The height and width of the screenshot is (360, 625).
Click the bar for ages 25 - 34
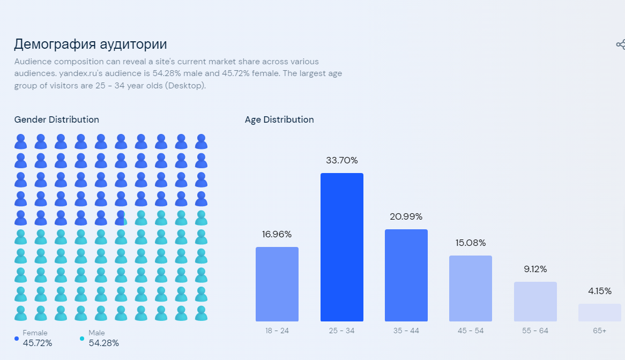click(341, 247)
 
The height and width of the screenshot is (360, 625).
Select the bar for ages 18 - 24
click(277, 284)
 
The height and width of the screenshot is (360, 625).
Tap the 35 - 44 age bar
click(406, 275)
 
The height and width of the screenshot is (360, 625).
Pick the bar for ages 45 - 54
click(470, 288)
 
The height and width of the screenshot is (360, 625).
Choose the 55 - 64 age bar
click(535, 302)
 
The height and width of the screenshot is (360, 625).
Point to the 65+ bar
click(599, 312)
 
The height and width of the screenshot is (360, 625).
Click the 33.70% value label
click(341, 160)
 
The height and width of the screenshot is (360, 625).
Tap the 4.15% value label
click(599, 291)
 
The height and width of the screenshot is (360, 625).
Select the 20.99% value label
click(406, 216)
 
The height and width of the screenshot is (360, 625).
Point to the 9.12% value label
click(535, 269)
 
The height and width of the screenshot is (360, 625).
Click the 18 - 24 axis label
click(277, 331)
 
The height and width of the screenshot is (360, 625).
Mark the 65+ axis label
click(599, 331)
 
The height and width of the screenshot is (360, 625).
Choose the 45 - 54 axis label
click(470, 331)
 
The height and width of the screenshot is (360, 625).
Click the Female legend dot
click(17, 339)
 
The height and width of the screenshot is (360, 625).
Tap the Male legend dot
click(82, 339)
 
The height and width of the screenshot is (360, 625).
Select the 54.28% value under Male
click(103, 343)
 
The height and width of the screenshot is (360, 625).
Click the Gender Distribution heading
click(56, 119)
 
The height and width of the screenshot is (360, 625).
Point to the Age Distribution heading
click(279, 119)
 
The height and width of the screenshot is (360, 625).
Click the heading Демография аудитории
click(90, 44)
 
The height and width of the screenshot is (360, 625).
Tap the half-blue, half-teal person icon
click(121, 218)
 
